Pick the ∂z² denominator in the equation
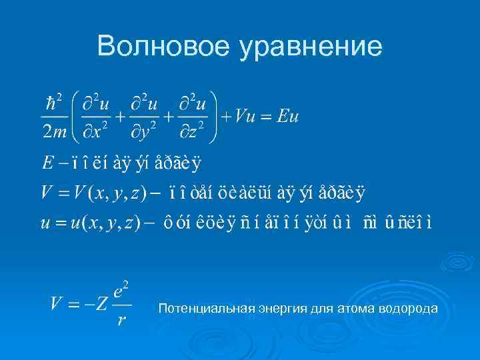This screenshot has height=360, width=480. click(x=197, y=132)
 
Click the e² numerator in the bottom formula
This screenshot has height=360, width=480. click(x=121, y=291)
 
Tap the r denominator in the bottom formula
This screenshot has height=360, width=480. click(x=121, y=321)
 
